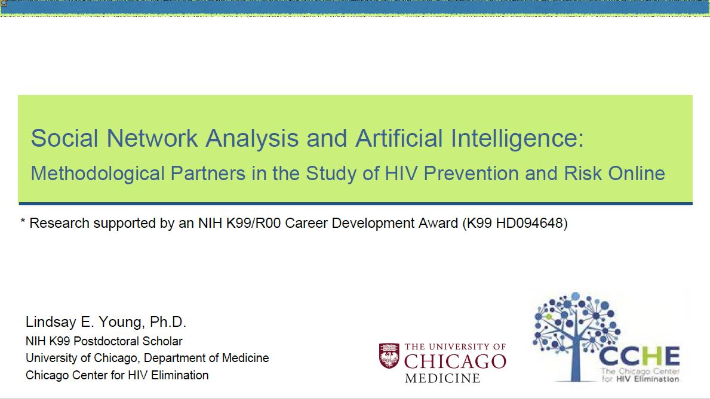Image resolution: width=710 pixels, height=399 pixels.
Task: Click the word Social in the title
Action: point(64,138)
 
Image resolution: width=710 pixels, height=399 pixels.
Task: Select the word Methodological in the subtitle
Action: point(97,174)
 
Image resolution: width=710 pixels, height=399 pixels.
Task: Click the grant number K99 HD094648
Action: point(515,223)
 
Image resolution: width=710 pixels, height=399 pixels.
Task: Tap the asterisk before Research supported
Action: point(23,221)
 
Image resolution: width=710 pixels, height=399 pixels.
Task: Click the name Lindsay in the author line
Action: point(51,322)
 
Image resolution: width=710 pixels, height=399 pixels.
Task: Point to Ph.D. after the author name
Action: point(168,322)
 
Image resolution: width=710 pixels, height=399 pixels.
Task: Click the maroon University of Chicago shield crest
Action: point(389,355)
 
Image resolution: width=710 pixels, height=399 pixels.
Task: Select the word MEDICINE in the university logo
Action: point(442,378)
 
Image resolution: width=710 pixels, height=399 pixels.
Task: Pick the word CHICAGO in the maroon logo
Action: point(455,361)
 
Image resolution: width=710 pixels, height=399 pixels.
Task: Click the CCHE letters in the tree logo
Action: point(639,356)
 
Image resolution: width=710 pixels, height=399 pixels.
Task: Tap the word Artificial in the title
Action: point(398,138)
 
